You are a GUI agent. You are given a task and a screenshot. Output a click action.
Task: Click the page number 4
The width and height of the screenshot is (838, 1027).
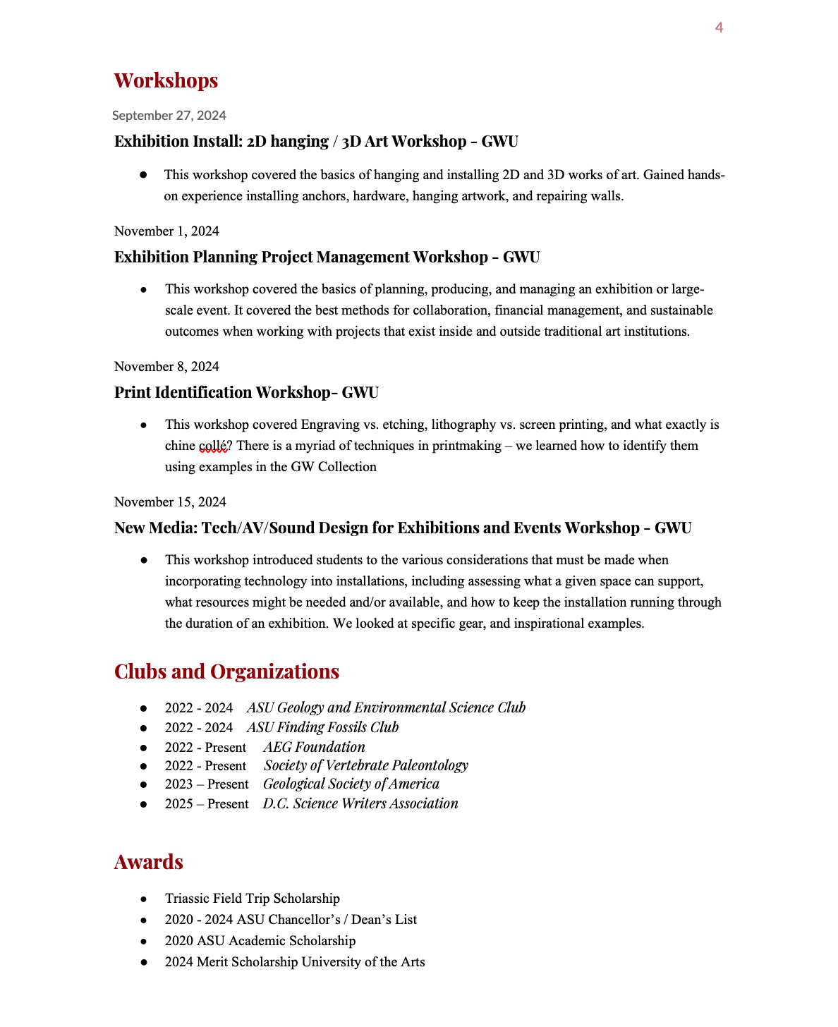tap(719, 28)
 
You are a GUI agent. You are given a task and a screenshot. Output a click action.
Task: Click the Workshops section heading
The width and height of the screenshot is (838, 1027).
tap(166, 80)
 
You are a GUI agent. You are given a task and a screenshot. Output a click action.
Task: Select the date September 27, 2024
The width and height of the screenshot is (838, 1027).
tap(169, 116)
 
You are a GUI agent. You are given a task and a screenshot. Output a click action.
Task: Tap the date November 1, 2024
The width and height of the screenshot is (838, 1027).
tap(166, 231)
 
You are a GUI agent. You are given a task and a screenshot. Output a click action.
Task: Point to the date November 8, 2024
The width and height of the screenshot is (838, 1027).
tap(166, 367)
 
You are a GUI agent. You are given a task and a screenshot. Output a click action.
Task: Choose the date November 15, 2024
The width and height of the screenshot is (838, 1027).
tap(170, 502)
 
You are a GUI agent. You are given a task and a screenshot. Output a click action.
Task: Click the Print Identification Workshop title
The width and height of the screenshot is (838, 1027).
tap(246, 392)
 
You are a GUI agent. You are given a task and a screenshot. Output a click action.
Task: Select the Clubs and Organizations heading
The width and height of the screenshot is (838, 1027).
tap(226, 671)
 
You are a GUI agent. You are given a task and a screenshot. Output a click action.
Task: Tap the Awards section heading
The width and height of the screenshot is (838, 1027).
tap(148, 862)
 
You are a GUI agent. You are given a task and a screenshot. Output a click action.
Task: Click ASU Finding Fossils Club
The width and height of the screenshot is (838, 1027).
tap(322, 727)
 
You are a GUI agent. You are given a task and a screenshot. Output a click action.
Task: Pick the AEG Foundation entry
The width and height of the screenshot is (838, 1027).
tap(314, 747)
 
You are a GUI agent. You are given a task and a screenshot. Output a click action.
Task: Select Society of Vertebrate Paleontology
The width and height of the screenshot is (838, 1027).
tap(365, 765)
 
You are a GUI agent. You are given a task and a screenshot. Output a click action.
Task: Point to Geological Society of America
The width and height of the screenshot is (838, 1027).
tap(351, 784)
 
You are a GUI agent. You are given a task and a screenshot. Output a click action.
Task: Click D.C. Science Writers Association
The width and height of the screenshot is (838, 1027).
tap(360, 803)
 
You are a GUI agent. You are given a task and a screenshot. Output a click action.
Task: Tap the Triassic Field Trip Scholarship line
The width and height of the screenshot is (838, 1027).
tap(252, 899)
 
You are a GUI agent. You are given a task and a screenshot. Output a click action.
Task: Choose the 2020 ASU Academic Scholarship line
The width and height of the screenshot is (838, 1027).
tap(260, 941)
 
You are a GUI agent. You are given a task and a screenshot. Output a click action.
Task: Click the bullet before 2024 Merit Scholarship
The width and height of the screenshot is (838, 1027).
tap(143, 962)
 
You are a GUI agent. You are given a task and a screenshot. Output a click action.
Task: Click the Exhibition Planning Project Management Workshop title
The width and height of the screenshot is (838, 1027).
tap(327, 257)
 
